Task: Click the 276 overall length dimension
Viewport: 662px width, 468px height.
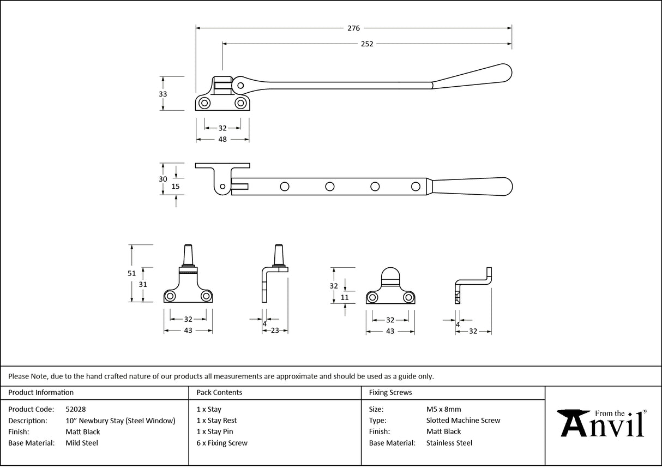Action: tap(354, 28)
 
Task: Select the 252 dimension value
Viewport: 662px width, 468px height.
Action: tap(367, 44)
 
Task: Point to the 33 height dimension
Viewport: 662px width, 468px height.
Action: tap(163, 94)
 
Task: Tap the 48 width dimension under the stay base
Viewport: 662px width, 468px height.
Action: tap(222, 140)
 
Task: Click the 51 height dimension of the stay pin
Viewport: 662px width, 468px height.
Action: tap(131, 274)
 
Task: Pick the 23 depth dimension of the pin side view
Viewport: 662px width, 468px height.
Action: tap(275, 330)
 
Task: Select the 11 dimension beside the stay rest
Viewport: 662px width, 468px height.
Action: tap(344, 297)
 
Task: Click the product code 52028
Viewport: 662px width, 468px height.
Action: tap(75, 409)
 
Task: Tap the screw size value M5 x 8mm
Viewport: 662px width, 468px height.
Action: tap(443, 409)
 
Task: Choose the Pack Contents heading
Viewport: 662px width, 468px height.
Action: tap(219, 392)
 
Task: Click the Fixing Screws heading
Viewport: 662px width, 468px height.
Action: tap(390, 392)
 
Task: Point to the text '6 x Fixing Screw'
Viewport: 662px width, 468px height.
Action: tap(222, 443)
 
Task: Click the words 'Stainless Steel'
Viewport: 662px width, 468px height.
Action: tap(449, 443)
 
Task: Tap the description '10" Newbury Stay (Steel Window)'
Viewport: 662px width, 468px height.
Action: tap(120, 421)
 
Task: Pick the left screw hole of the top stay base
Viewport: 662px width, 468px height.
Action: tap(205, 103)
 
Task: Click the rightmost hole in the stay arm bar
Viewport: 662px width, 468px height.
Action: tap(416, 187)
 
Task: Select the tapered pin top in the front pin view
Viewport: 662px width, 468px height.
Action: tap(187, 252)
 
